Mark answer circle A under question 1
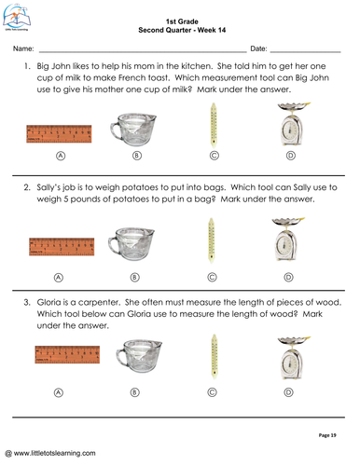point(61,157)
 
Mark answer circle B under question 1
point(135,157)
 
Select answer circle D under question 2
point(288,277)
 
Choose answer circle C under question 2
point(213,277)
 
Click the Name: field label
point(24,47)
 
